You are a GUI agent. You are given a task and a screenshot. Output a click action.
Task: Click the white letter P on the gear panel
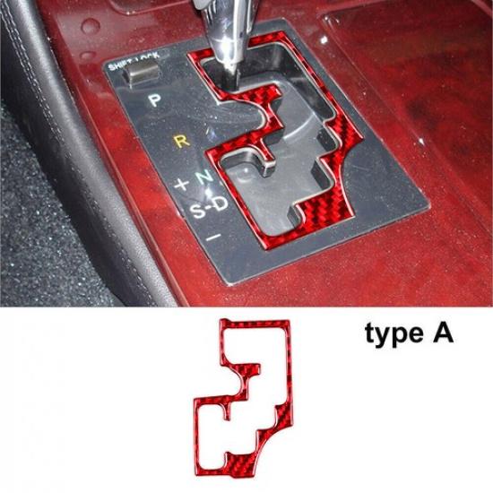[155, 100]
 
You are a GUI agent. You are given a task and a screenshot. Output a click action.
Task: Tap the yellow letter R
[183, 141]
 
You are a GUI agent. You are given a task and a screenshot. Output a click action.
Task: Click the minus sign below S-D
[213, 238]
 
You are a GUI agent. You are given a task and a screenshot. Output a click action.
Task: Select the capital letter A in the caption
[443, 333]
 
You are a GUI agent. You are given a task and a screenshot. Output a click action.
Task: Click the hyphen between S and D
[207, 209]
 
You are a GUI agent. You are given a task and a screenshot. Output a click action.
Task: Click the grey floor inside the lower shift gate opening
[269, 202]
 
